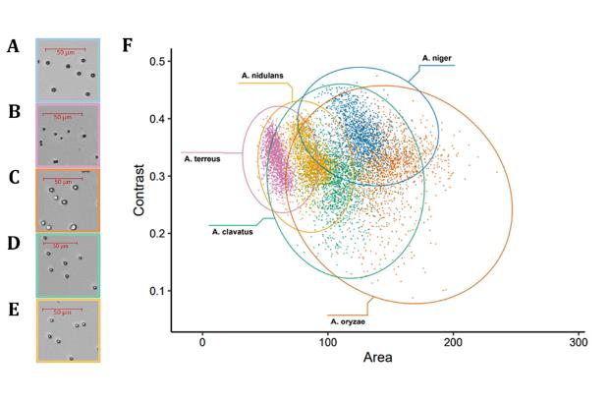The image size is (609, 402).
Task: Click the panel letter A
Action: tap(13, 46)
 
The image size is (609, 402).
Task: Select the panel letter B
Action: tap(14, 112)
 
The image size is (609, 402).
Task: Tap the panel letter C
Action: tap(14, 177)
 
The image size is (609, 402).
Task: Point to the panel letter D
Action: tap(14, 242)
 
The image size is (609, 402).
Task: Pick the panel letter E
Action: tap(14, 308)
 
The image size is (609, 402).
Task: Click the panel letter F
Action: tap(127, 46)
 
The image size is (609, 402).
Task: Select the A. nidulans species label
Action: tap(263, 75)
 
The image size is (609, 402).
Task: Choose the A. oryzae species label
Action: tap(349, 320)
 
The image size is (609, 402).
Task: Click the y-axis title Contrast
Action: tap(140, 188)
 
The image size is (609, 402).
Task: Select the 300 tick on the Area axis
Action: tap(578, 341)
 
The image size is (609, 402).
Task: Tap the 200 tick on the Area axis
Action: tap(453, 341)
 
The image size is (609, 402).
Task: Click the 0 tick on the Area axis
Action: tap(202, 341)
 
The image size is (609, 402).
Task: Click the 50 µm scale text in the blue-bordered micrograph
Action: tap(69, 46)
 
